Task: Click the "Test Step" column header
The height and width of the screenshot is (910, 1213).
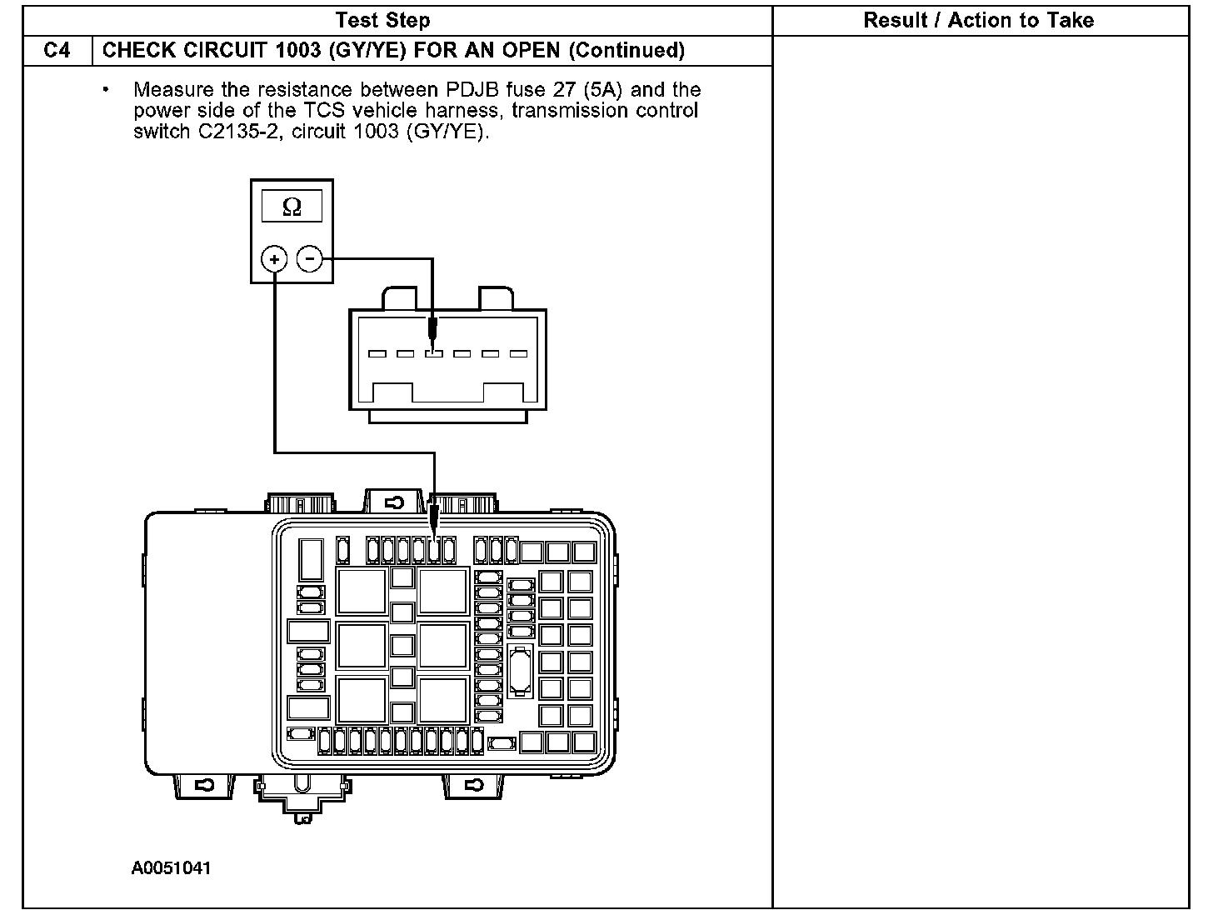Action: point(382,20)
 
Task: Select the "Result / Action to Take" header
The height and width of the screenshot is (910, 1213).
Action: point(979,20)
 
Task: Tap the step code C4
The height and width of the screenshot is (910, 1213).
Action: point(57,51)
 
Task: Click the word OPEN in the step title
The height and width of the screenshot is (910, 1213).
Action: point(528,51)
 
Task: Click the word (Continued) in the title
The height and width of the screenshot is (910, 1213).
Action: point(626,51)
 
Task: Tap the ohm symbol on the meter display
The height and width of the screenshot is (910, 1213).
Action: point(292,207)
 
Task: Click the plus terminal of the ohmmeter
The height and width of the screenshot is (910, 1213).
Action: point(275,259)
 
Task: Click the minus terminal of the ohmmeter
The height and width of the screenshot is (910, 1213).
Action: point(310,259)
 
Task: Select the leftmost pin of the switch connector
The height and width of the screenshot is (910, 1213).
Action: point(377,353)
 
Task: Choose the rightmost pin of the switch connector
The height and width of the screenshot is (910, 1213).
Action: point(518,353)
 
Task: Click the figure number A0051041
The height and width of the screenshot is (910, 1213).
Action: point(172,868)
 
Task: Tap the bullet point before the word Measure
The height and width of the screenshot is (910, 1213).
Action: point(107,88)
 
